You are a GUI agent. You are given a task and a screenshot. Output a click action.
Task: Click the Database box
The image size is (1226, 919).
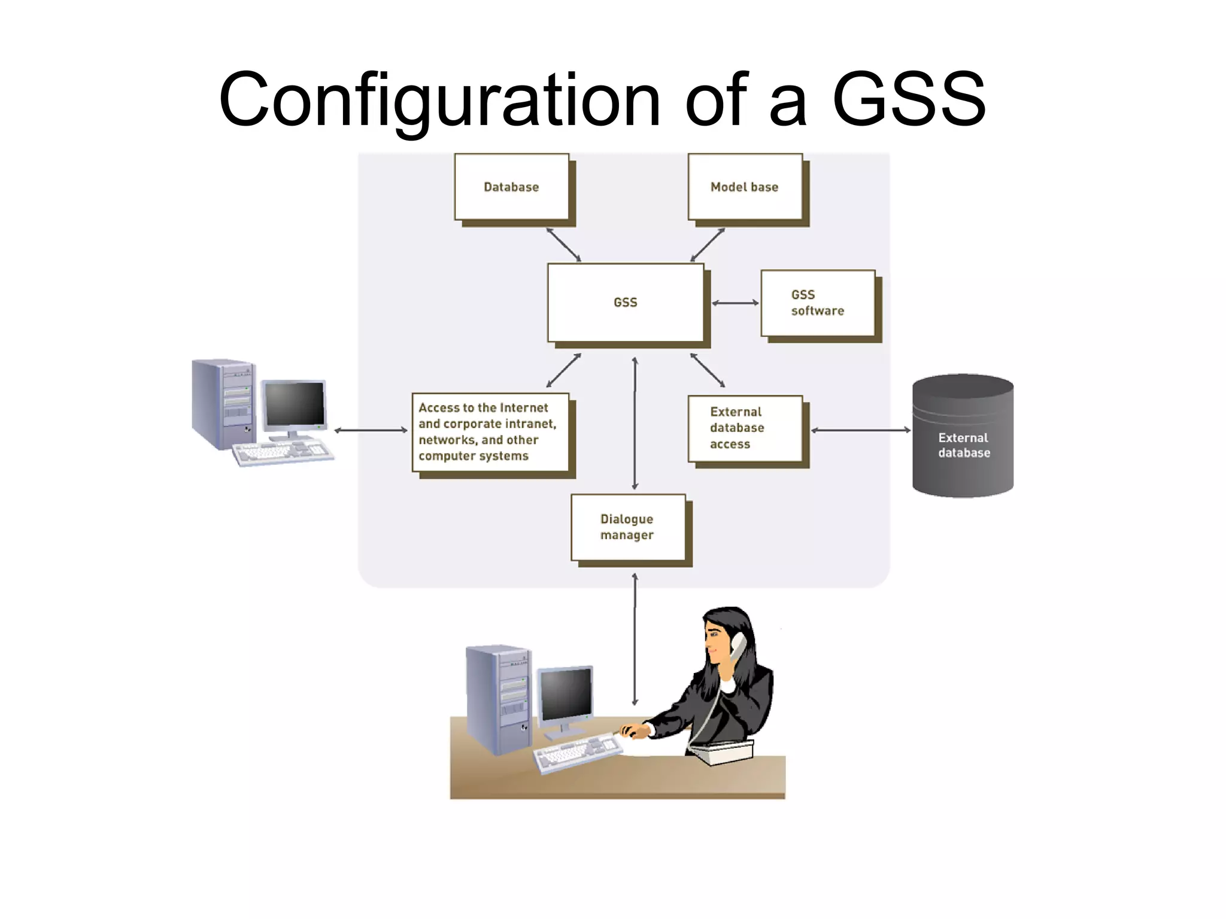(512, 187)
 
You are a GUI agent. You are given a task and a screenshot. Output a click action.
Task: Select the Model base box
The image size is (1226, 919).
(745, 187)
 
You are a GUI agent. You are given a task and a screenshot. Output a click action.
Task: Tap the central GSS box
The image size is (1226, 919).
(626, 303)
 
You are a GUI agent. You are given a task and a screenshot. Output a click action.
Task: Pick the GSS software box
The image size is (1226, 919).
(818, 303)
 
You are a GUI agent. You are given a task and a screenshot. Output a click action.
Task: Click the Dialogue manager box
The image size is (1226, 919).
(628, 527)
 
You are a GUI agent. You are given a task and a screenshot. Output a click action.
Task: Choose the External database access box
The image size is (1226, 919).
(745, 428)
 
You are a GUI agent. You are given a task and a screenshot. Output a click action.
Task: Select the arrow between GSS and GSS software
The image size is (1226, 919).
(736, 303)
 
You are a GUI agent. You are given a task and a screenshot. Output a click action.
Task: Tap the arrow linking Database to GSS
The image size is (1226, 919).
(563, 245)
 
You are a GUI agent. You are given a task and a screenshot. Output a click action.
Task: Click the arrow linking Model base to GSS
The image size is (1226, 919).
(708, 245)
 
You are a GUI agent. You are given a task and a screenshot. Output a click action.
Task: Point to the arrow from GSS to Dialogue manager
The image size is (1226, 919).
(635, 424)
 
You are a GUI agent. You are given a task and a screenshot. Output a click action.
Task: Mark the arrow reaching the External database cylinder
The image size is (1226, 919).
(860, 430)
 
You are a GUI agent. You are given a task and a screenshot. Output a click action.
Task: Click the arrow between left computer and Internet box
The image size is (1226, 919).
(371, 430)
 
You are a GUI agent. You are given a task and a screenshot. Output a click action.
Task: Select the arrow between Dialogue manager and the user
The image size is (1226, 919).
(635, 639)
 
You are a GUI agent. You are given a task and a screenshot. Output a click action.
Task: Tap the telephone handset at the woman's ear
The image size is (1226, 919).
(738, 646)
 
